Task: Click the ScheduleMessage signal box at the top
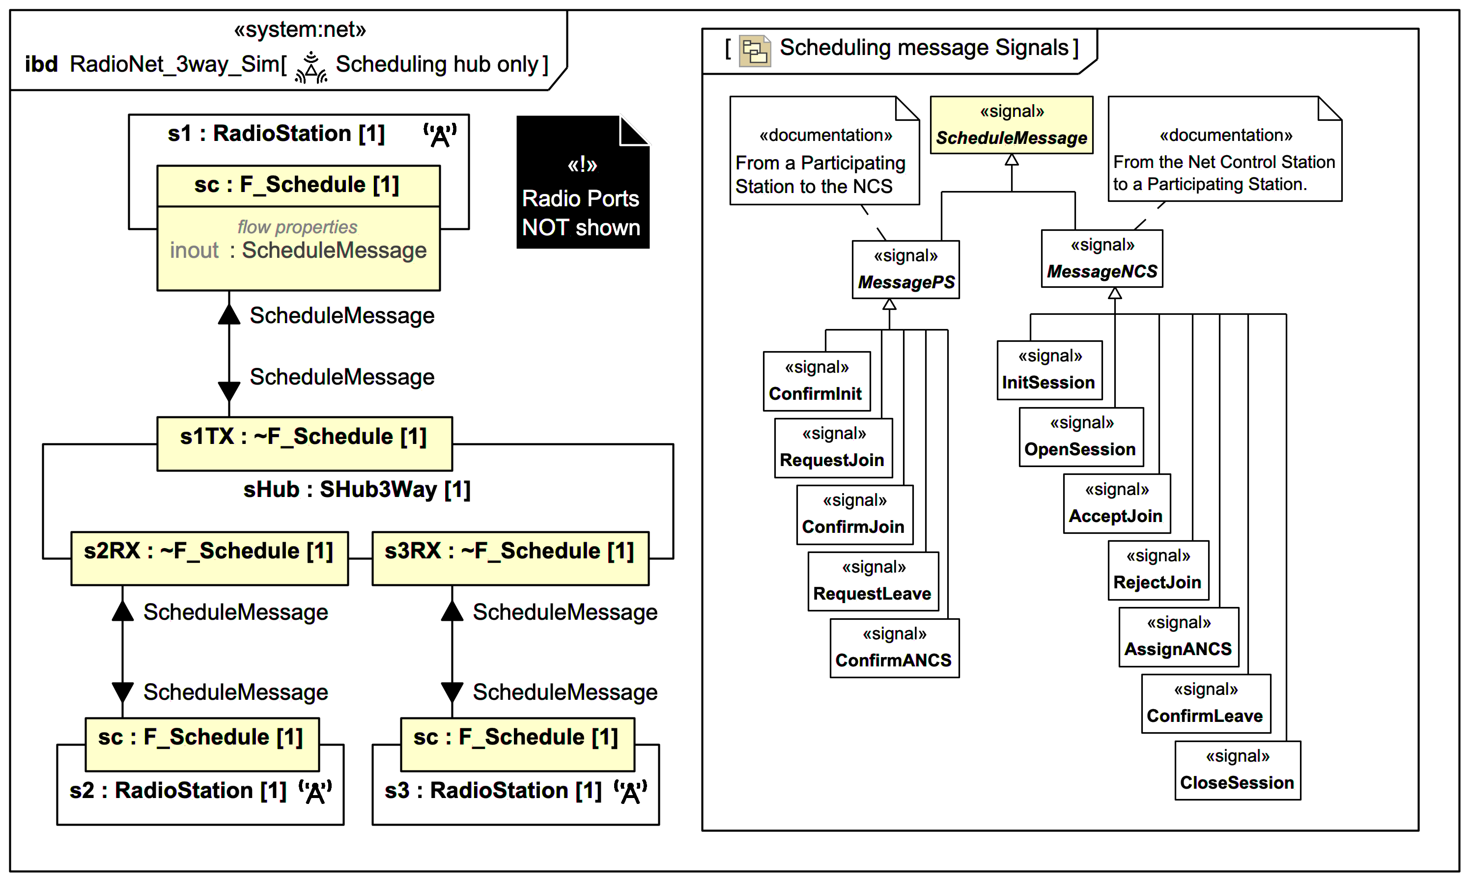click(1011, 125)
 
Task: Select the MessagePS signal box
click(905, 269)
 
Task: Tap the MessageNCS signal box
click(1102, 258)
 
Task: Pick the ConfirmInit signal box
click(816, 381)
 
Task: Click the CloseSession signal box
click(1237, 770)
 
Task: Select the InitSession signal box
click(1049, 370)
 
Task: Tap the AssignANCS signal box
click(1179, 636)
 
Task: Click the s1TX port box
click(304, 443)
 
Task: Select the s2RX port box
click(209, 558)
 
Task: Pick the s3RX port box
click(510, 558)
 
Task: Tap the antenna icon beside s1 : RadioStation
click(440, 136)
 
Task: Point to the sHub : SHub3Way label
click(357, 489)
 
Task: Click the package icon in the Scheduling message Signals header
click(754, 51)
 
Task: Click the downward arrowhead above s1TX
click(229, 391)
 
